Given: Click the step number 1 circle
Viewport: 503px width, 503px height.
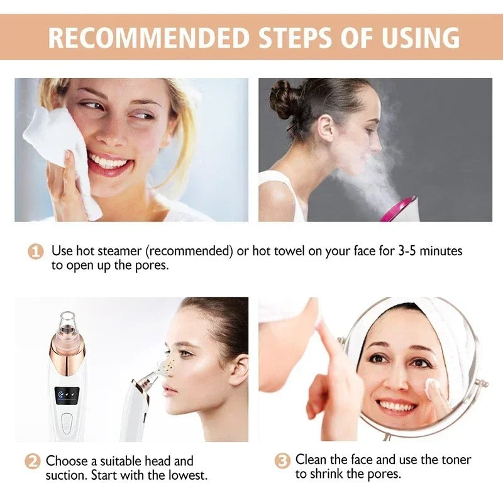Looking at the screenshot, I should (36, 251).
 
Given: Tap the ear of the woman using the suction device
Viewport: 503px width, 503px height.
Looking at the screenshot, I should (238, 371).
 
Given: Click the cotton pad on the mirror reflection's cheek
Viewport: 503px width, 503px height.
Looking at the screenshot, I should (432, 390).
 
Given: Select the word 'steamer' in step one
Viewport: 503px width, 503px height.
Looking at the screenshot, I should (119, 251).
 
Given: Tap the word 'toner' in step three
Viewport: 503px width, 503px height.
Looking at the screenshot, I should (453, 460).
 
